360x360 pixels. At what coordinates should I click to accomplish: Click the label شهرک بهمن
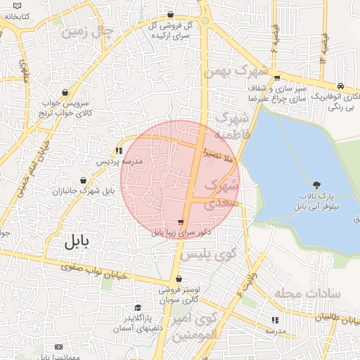(236, 72)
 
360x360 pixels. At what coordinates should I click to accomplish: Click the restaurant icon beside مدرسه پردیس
(119, 150)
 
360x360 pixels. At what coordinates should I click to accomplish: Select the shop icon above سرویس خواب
(65, 92)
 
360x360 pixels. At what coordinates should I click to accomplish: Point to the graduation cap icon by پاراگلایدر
(138, 307)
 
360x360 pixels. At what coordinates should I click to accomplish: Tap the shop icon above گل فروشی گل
(171, 15)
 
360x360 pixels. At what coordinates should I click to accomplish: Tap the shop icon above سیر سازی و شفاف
(278, 79)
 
